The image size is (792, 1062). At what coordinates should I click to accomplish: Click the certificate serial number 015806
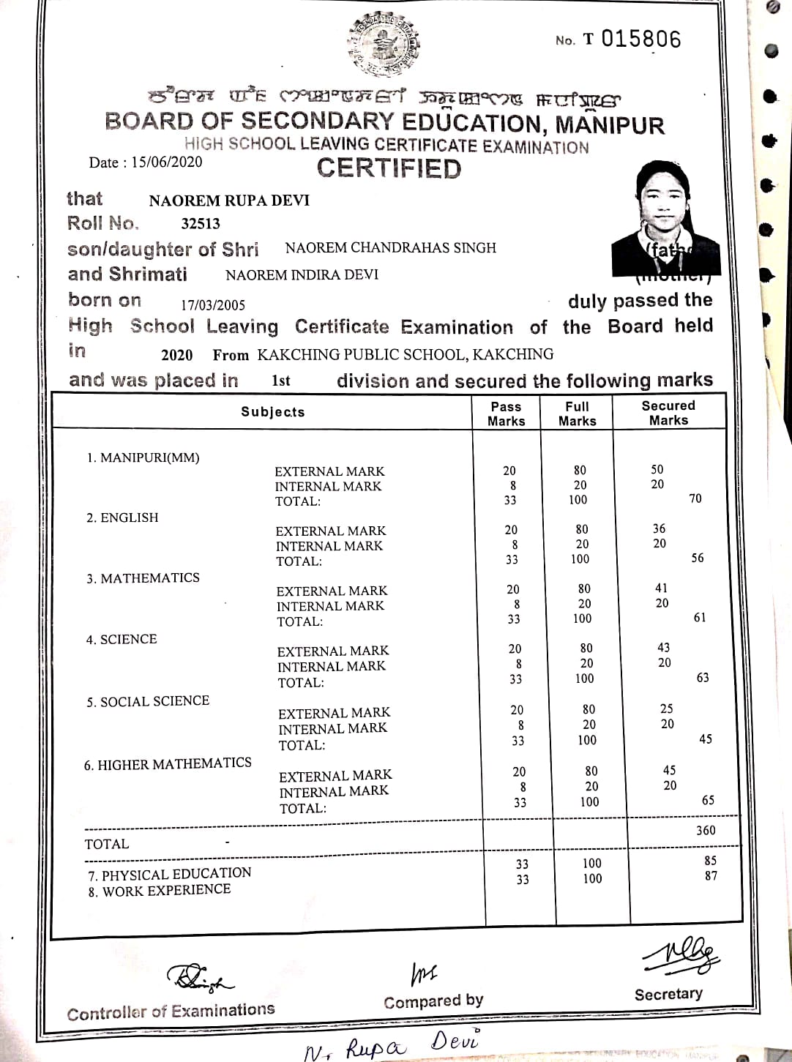[640, 39]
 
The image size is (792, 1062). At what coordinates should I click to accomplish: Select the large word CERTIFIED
[389, 168]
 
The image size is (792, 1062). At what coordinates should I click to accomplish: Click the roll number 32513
[200, 224]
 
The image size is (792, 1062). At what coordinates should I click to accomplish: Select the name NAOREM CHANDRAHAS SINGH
[390, 248]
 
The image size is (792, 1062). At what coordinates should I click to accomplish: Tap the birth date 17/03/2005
[212, 305]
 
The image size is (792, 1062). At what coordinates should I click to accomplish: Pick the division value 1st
[280, 381]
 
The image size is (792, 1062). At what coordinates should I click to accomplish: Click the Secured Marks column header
[668, 413]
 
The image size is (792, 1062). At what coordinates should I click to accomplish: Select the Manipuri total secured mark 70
[695, 498]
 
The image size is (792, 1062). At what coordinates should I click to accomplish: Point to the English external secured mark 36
[659, 528]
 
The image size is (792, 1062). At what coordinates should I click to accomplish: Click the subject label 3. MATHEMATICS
[143, 578]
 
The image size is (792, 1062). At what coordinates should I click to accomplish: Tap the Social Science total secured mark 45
[705, 739]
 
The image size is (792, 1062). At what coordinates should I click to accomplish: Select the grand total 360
[706, 830]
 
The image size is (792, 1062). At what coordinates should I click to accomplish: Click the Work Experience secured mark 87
[710, 876]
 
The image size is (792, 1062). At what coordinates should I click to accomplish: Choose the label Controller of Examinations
[171, 1011]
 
